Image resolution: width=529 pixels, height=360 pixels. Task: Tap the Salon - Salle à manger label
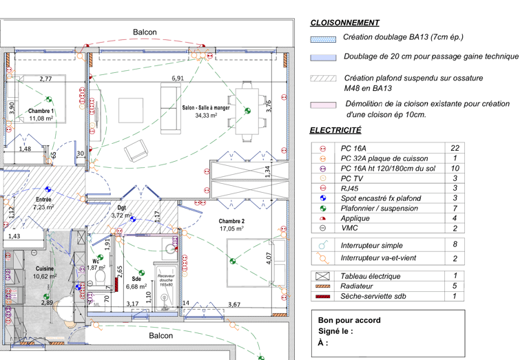(x=206, y=108)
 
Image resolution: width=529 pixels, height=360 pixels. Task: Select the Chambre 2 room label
(x=231, y=221)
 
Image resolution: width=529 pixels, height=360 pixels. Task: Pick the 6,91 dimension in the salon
(x=178, y=78)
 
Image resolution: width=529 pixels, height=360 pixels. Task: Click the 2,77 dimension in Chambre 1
(x=45, y=79)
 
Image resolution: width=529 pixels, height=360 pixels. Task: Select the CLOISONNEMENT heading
(x=344, y=23)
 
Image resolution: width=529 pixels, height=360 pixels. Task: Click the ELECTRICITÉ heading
(x=335, y=129)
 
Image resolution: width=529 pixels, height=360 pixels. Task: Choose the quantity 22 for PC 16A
(x=455, y=148)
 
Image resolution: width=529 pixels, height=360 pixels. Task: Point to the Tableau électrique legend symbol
(x=322, y=276)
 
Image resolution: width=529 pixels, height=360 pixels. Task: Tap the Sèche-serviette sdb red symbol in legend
(x=322, y=297)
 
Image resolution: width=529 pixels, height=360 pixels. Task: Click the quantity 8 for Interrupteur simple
(x=455, y=244)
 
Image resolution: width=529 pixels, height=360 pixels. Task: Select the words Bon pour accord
(x=349, y=320)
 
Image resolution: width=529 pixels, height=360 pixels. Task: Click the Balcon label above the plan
(x=145, y=32)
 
